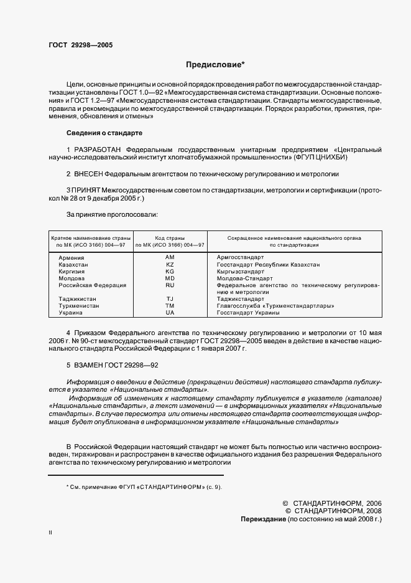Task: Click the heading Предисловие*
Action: [216, 64]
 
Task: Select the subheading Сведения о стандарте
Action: [104, 133]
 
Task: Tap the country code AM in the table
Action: [170, 257]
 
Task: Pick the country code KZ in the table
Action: [170, 265]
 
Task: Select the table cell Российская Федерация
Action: [92, 285]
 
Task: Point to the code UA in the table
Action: [170, 313]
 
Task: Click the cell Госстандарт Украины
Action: [247, 313]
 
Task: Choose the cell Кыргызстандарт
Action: [241, 272]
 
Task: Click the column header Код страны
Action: [170, 238]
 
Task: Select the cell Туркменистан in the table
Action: [79, 306]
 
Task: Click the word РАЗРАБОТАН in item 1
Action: [98, 150]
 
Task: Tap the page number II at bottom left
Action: [50, 533]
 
